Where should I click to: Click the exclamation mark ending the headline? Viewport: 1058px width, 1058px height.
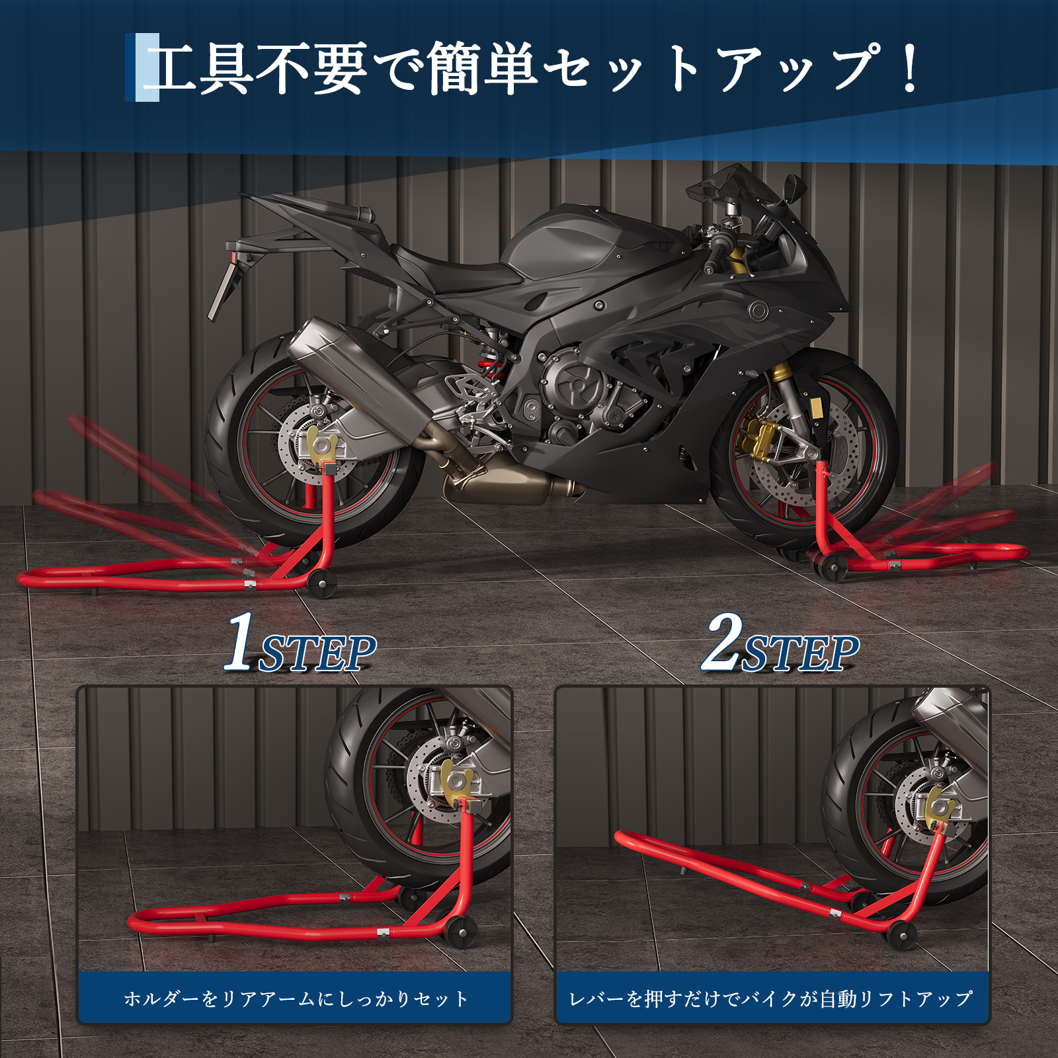910,68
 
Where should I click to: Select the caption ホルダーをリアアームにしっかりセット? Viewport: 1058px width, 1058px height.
296,998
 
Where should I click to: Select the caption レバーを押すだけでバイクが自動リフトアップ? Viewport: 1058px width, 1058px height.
771,998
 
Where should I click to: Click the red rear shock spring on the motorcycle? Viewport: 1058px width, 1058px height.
493,368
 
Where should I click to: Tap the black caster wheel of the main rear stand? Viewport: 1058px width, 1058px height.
322,584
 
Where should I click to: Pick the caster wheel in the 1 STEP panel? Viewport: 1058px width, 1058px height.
460,932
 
